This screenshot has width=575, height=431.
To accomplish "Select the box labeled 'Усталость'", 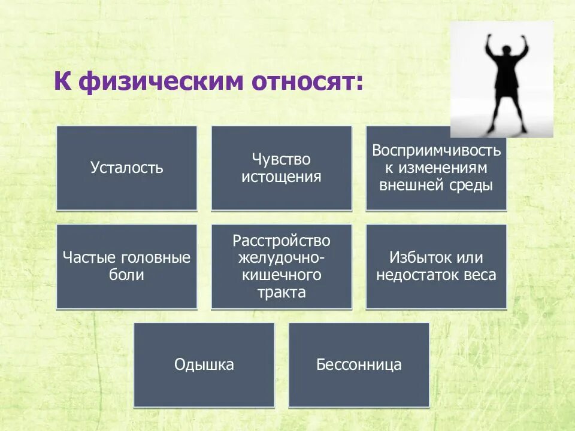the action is pyautogui.click(x=126, y=168).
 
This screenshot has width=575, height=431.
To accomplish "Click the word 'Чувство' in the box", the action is pyautogui.click(x=282, y=160).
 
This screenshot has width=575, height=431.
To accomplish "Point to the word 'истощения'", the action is pyautogui.click(x=282, y=177).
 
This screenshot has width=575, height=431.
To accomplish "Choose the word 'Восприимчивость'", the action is pyautogui.click(x=436, y=150).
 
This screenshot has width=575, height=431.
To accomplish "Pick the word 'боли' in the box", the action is pyautogui.click(x=127, y=275).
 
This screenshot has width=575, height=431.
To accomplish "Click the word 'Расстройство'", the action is pyautogui.click(x=282, y=241).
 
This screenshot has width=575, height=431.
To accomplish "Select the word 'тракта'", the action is pyautogui.click(x=282, y=293).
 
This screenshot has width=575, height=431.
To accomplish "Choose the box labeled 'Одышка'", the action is pyautogui.click(x=204, y=365).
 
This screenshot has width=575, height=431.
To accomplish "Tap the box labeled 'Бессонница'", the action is pyautogui.click(x=359, y=365).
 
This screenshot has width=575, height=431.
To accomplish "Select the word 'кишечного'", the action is pyautogui.click(x=282, y=275).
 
